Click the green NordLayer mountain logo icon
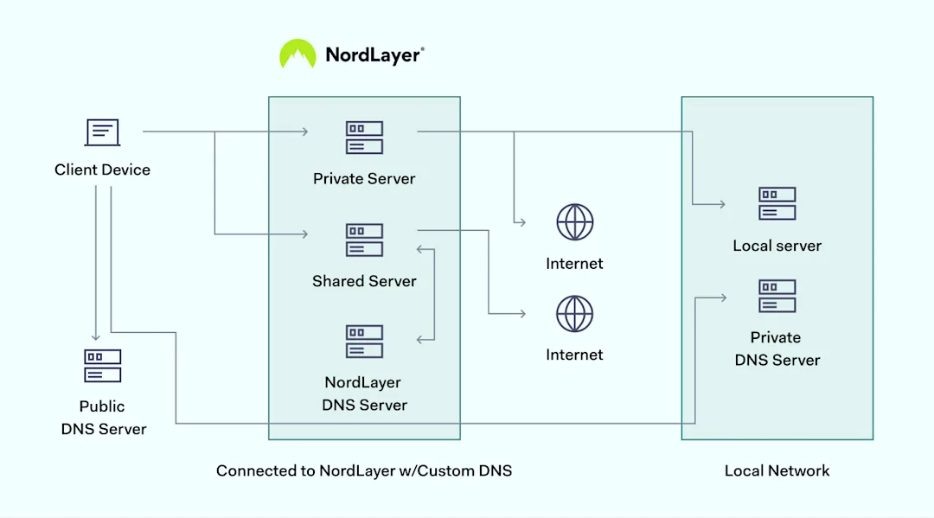point(297,54)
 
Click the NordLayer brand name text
point(374,55)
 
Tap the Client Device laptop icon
point(102,132)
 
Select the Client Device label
point(102,169)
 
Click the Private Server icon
point(364,138)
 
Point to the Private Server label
point(364,179)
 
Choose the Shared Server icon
point(364,240)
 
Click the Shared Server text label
point(364,281)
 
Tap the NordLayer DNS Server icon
point(364,342)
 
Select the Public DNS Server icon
point(102,366)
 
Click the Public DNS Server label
point(103,417)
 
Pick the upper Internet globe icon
point(574,222)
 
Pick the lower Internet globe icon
point(574,314)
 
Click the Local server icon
point(777,204)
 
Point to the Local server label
point(777,246)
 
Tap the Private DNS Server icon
point(777,296)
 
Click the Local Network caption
point(777,470)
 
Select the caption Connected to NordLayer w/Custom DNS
point(364,470)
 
